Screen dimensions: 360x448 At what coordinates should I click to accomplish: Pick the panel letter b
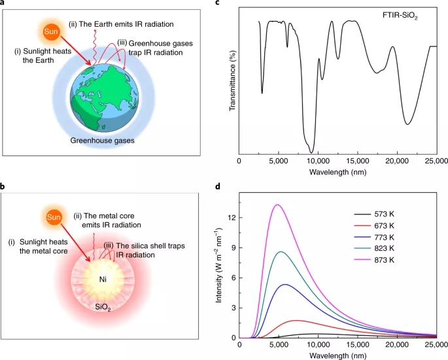[4, 187]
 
